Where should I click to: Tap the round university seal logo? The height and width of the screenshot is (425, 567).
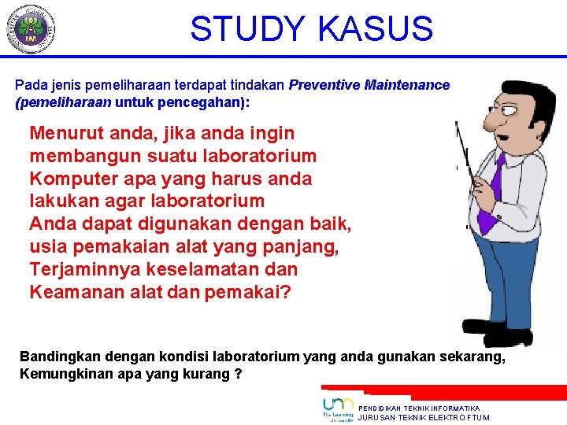click(30, 28)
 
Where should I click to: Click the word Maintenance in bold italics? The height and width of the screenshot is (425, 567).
click(407, 85)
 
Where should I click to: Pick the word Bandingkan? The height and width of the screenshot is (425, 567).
click(59, 357)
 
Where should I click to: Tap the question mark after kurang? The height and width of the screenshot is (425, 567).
click(238, 374)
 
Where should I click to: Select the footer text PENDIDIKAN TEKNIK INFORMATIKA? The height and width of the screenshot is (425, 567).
click(419, 408)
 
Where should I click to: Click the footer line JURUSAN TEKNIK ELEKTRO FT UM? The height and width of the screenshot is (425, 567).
click(424, 418)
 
